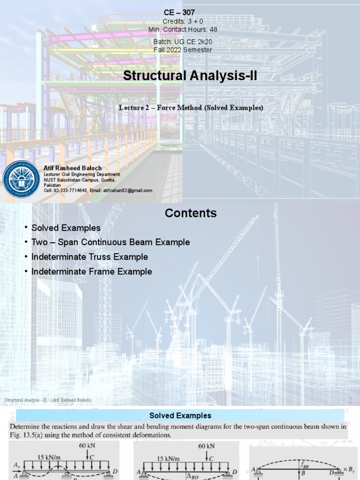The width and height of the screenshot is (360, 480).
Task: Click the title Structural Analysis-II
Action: click(190, 75)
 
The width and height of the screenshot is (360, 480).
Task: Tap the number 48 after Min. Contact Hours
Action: click(212, 29)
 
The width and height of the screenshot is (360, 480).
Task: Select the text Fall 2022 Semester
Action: click(183, 50)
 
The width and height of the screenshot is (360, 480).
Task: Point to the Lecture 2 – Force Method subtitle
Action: click(191, 108)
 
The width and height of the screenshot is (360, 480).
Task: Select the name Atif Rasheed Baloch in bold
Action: click(73, 168)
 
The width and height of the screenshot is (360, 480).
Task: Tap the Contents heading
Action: click(190, 213)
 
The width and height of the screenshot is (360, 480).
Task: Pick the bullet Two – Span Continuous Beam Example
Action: click(111, 242)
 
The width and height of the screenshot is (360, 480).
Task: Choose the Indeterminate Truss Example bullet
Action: click(90, 257)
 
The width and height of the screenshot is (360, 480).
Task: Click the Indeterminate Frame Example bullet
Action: click(91, 271)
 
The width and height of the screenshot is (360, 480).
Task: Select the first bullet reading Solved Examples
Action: click(66, 228)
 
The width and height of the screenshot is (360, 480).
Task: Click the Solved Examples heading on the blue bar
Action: click(180, 415)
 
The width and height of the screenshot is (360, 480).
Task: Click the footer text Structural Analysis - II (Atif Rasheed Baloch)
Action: click(48, 400)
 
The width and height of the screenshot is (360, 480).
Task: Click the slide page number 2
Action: click(350, 400)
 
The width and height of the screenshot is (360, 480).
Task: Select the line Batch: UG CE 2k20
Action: click(182, 42)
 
